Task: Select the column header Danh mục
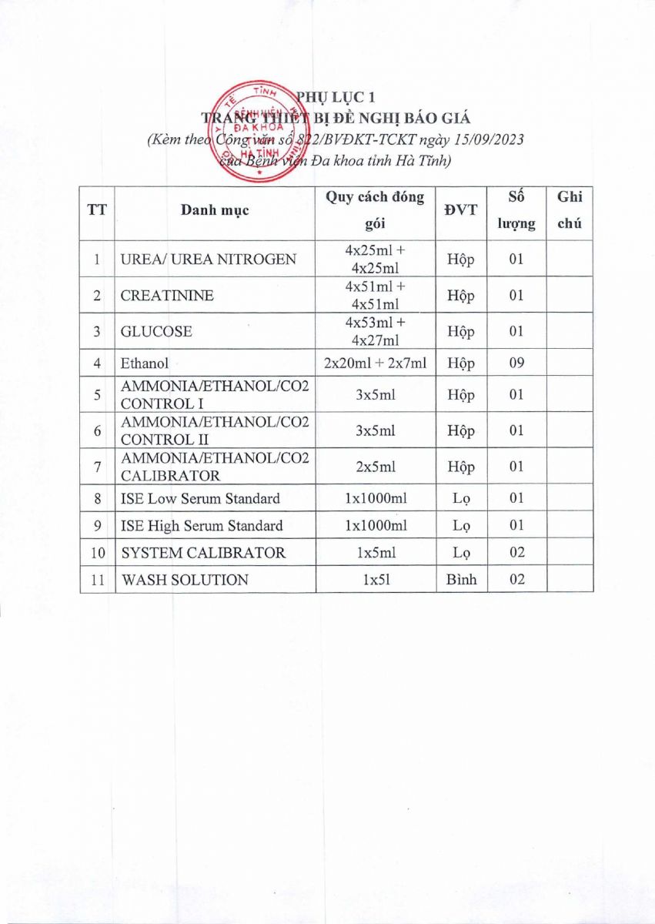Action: tap(215, 210)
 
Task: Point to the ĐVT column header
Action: tap(460, 210)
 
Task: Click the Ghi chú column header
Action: tap(570, 210)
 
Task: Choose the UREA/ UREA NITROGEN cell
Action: tap(209, 259)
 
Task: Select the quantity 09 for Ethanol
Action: tap(516, 363)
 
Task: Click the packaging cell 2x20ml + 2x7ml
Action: tap(375, 363)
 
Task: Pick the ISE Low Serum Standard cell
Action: tap(200, 498)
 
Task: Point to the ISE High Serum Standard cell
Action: tap(202, 526)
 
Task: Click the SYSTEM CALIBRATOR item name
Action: tap(203, 553)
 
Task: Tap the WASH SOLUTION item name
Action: tap(185, 580)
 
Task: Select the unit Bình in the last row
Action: tap(461, 580)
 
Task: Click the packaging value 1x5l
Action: tap(375, 580)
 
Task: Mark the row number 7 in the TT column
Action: tap(98, 467)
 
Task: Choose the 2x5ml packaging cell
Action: tap(375, 467)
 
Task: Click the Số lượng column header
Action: tap(516, 210)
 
